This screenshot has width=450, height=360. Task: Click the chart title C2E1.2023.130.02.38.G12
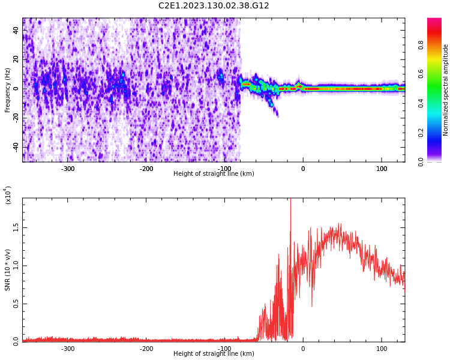pyautogui.click(x=214, y=6)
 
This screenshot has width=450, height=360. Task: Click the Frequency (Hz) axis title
pyautogui.click(x=8, y=90)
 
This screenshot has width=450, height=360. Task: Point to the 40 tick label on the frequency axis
pyautogui.click(x=16, y=30)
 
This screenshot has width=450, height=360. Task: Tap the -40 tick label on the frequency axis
pyautogui.click(x=15, y=147)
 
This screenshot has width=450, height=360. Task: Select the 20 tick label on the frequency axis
pyautogui.click(x=16, y=59)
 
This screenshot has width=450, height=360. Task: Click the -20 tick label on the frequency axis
pyautogui.click(x=15, y=118)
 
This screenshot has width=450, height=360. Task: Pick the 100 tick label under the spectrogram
pyautogui.click(x=382, y=169)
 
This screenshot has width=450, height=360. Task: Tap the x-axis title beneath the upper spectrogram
pyautogui.click(x=214, y=174)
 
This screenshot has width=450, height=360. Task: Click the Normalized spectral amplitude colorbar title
pyautogui.click(x=446, y=90)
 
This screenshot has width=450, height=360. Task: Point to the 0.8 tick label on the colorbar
pyautogui.click(x=421, y=45)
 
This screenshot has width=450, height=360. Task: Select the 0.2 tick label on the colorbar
pyautogui.click(x=421, y=132)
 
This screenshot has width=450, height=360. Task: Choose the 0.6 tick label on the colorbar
pyautogui.click(x=421, y=74)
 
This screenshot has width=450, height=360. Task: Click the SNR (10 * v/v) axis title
pyautogui.click(x=8, y=270)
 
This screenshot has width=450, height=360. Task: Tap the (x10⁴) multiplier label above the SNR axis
pyautogui.click(x=8, y=195)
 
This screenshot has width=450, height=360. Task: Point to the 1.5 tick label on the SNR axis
pyautogui.click(x=16, y=229)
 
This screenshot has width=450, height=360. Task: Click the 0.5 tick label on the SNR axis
pyautogui.click(x=16, y=304)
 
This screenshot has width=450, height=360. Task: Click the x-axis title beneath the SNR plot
pyautogui.click(x=214, y=354)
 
